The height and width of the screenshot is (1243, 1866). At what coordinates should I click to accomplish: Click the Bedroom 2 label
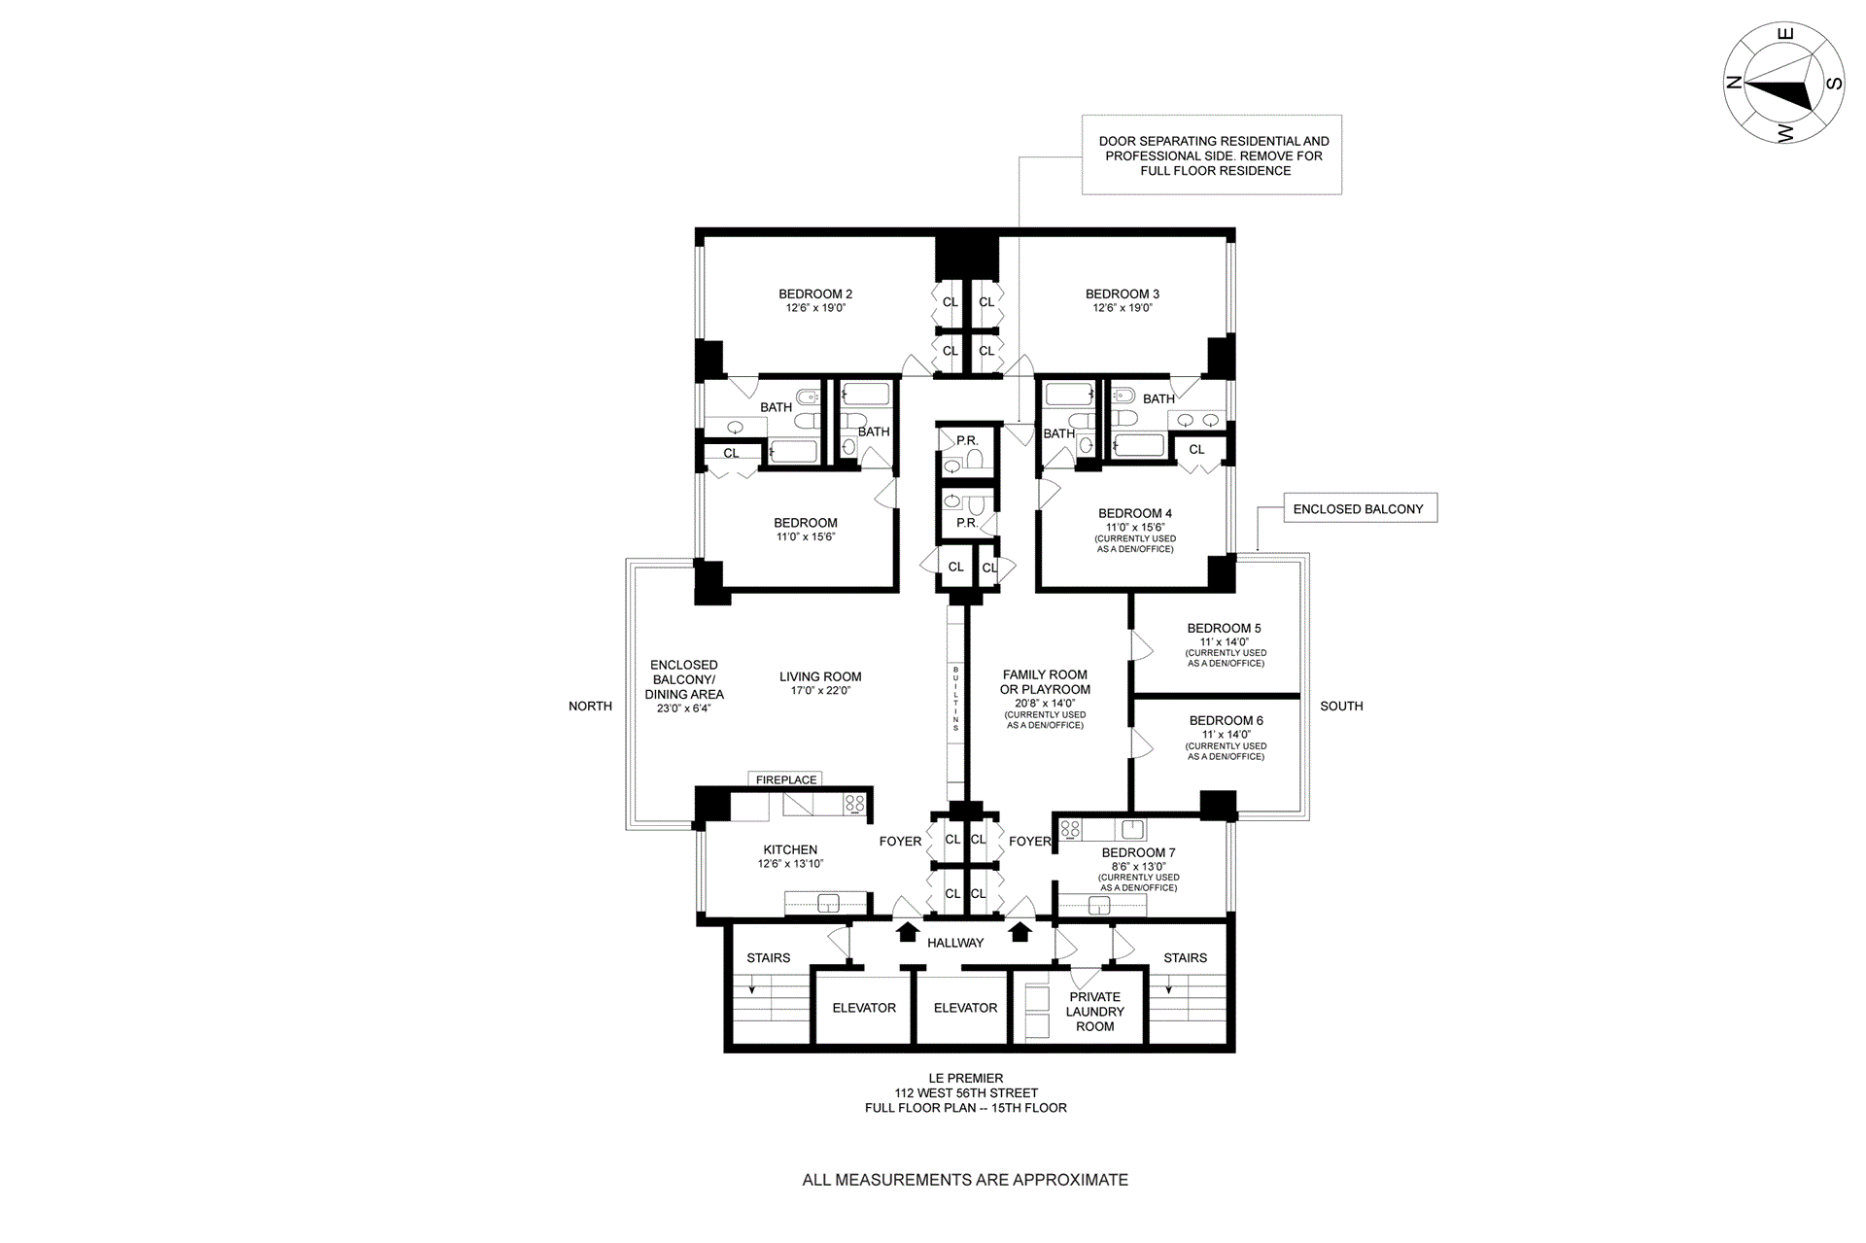pyautogui.click(x=815, y=294)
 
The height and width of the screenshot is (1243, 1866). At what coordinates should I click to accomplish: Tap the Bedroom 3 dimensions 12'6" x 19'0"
pyautogui.click(x=1123, y=308)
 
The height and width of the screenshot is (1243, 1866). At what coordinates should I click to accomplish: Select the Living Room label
pyautogui.click(x=820, y=677)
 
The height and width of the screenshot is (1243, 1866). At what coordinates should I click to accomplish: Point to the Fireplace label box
pyautogui.click(x=786, y=779)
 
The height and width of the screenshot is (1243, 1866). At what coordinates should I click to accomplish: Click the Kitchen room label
pyautogui.click(x=790, y=849)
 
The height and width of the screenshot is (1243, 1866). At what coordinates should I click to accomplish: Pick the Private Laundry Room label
pyautogui.click(x=1094, y=1012)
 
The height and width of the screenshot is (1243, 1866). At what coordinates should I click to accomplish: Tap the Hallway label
pyautogui.click(x=955, y=943)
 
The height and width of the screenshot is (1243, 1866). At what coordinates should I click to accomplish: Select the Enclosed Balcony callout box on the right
pyautogui.click(x=1359, y=508)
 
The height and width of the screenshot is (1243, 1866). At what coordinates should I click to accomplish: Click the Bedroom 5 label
pyautogui.click(x=1224, y=628)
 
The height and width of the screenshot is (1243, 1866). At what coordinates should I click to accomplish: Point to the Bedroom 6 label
pyautogui.click(x=1226, y=721)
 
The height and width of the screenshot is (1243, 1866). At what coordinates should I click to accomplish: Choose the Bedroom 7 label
pyautogui.click(x=1138, y=852)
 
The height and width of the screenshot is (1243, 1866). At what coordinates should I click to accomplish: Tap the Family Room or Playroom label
pyautogui.click(x=1045, y=682)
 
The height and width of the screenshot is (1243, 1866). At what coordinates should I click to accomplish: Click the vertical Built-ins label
pyautogui.click(x=956, y=699)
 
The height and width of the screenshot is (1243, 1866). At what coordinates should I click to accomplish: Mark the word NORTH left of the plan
pyautogui.click(x=590, y=707)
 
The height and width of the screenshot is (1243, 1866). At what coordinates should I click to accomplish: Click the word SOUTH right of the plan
pyautogui.click(x=1341, y=707)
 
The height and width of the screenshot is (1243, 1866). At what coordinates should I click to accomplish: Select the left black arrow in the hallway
pyautogui.click(x=907, y=932)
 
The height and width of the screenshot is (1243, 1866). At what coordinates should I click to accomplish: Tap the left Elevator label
pyautogui.click(x=864, y=1008)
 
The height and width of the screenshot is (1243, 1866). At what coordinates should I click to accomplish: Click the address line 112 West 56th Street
pyautogui.click(x=966, y=1092)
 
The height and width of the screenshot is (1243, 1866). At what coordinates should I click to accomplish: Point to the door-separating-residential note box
pyautogui.click(x=1213, y=155)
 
